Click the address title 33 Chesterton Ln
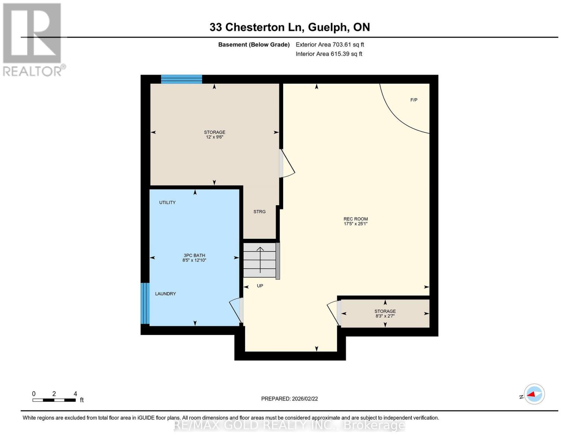289,27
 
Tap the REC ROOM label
355,219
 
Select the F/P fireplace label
414,100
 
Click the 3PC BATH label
194,256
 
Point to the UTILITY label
167,203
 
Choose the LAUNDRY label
165,294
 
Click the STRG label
259,212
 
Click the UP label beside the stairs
260,286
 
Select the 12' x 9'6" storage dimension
215,137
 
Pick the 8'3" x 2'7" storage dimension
385,316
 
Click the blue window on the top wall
181,79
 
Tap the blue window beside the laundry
145,303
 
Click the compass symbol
534,394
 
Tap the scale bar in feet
54,400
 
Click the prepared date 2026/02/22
289,399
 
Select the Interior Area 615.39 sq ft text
329,54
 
